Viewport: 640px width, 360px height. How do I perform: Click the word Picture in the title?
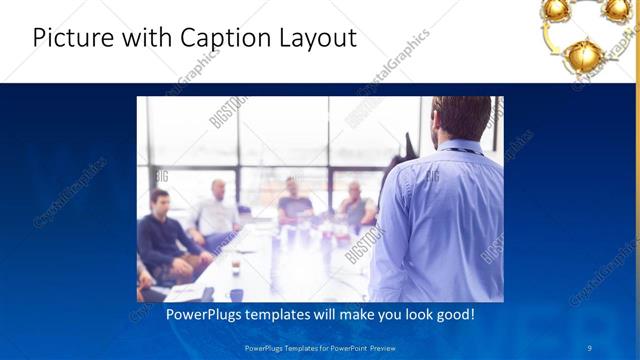(71, 38)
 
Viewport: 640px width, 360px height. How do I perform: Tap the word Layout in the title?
(317, 39)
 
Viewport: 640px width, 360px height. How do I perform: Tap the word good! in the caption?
(452, 315)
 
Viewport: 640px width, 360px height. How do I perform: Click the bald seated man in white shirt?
(217, 211)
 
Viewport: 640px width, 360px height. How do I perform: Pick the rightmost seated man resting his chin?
(355, 205)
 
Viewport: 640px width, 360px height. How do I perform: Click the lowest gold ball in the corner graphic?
(582, 55)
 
